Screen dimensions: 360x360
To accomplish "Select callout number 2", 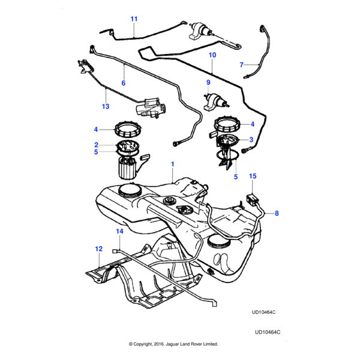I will click(x=95, y=145).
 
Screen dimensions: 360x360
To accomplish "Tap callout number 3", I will click(x=252, y=140).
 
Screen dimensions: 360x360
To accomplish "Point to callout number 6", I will click(x=124, y=83).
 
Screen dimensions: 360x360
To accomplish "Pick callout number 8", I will click(x=277, y=213).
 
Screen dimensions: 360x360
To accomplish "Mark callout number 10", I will click(x=211, y=55).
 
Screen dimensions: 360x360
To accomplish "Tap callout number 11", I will click(x=134, y=19).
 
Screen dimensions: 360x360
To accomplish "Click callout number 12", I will click(x=98, y=248).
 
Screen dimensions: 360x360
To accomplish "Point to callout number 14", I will click(x=119, y=231).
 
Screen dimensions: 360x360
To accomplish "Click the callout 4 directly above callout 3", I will click(x=252, y=124).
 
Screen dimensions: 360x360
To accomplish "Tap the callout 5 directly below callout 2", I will click(x=95, y=152).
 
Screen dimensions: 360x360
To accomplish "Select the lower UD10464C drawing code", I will click(x=268, y=331).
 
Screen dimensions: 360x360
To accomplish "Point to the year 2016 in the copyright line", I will click(x=160, y=344).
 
